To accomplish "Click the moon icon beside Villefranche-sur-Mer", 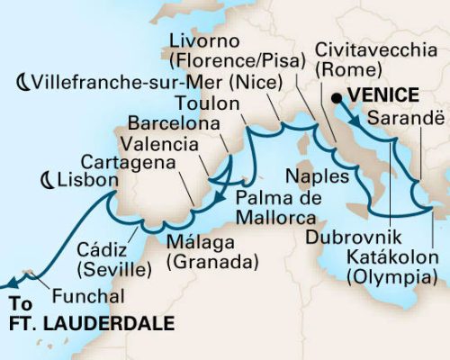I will tap(22, 82).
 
